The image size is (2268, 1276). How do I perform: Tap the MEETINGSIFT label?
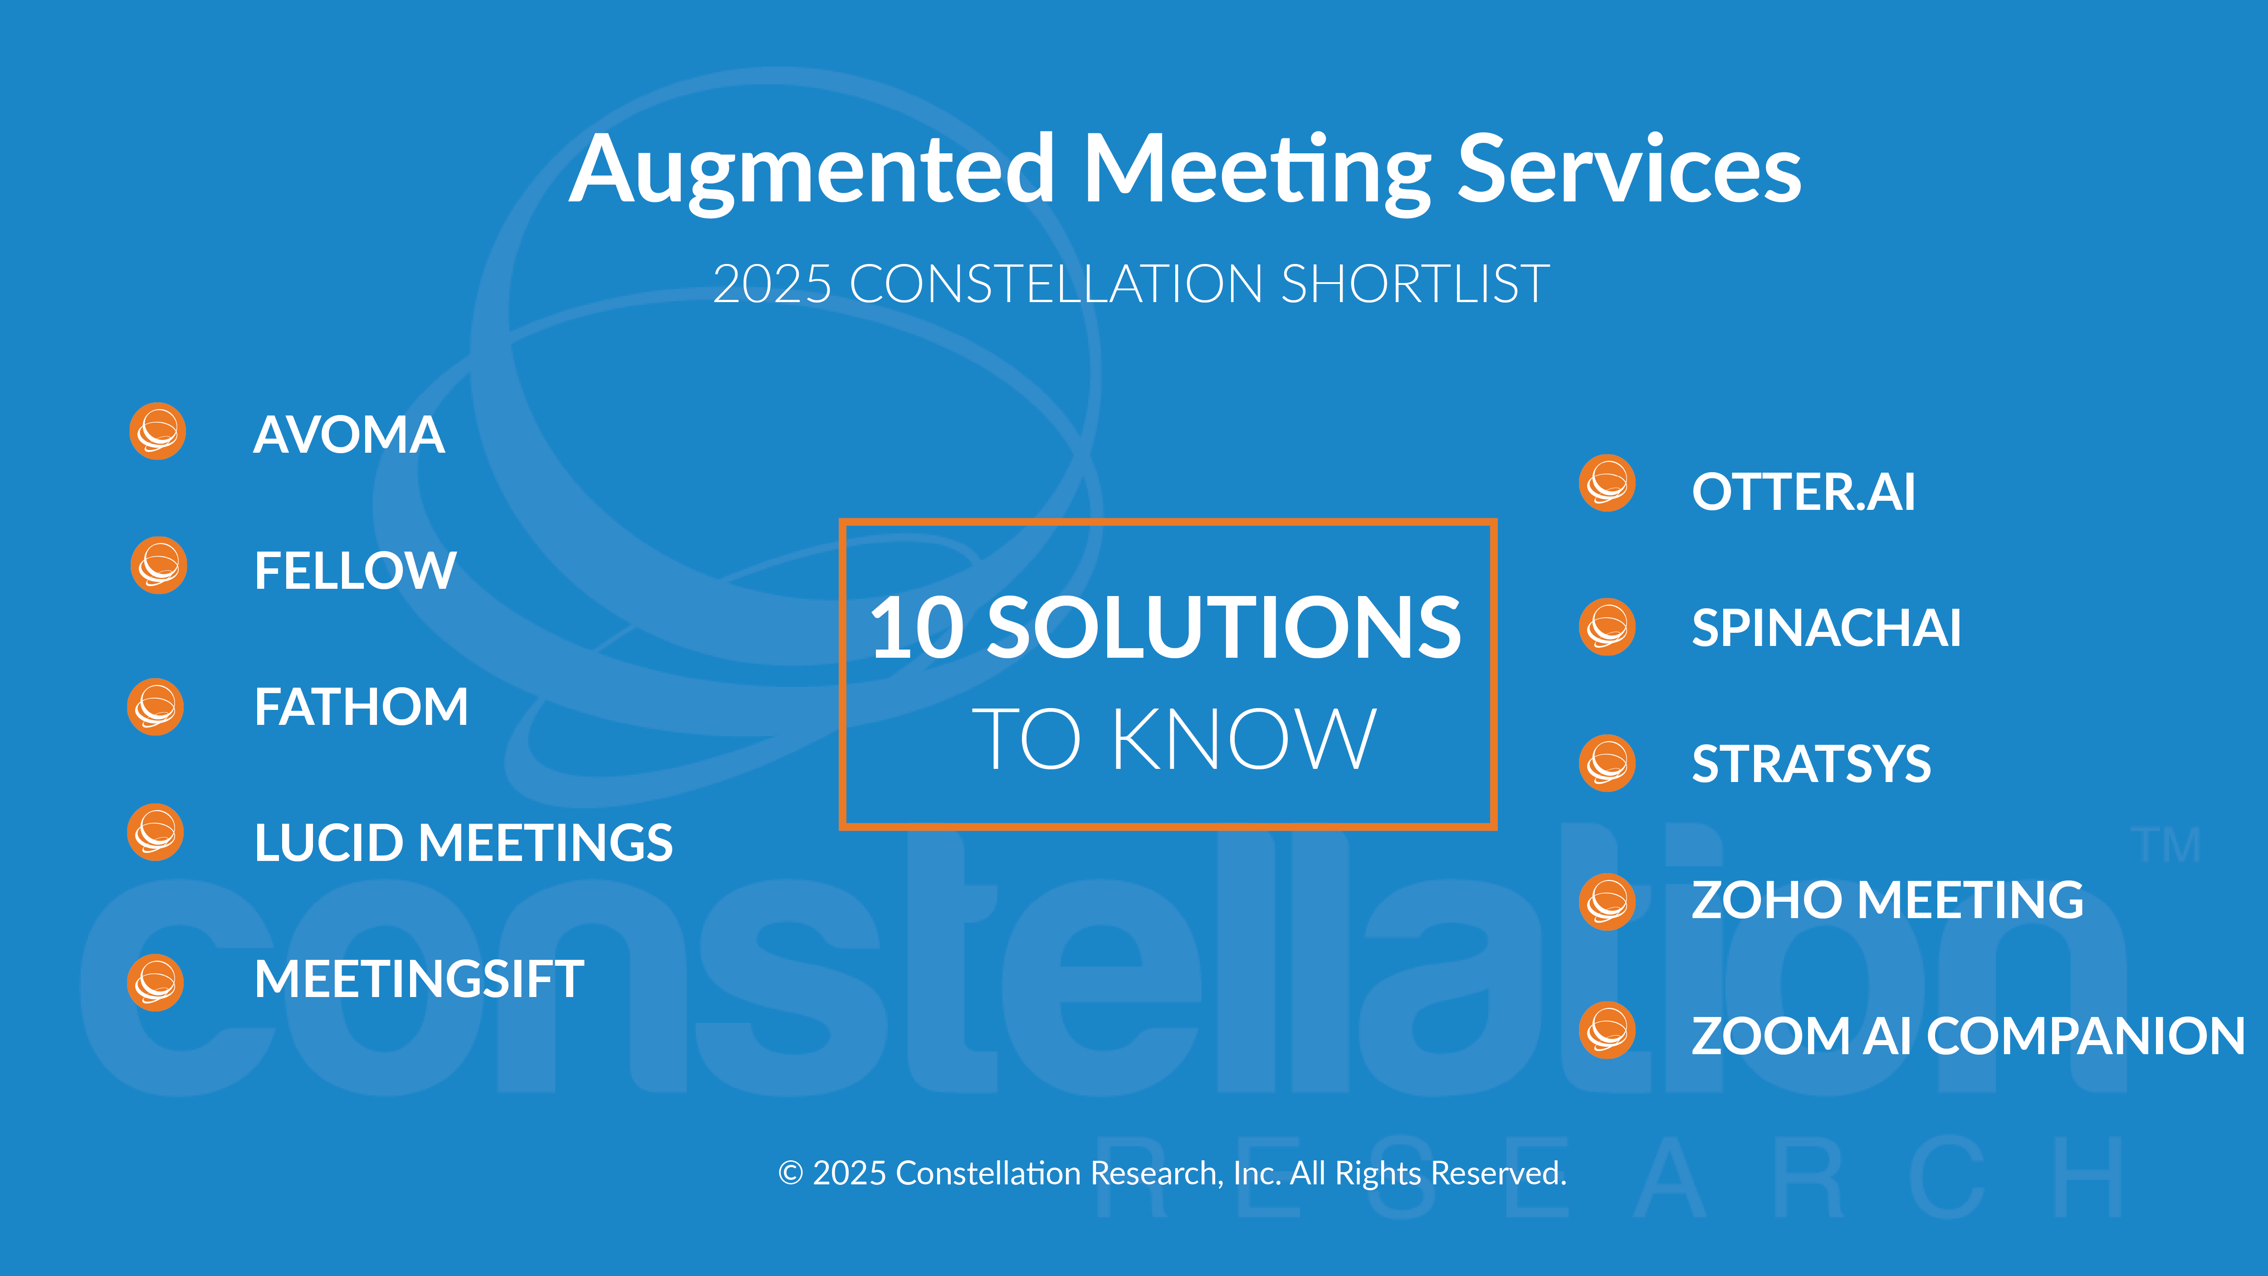tap(419, 978)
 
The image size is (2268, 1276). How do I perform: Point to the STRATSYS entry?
tap(1811, 763)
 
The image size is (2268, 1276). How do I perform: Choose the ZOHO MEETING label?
tap(1887, 900)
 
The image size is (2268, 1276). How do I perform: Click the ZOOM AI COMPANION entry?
tap(1969, 1036)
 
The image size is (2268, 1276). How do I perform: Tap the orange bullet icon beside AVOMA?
tap(157, 431)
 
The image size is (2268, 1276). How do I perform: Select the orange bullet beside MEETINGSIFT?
tap(155, 983)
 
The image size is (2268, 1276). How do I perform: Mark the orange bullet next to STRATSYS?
tap(1607, 763)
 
